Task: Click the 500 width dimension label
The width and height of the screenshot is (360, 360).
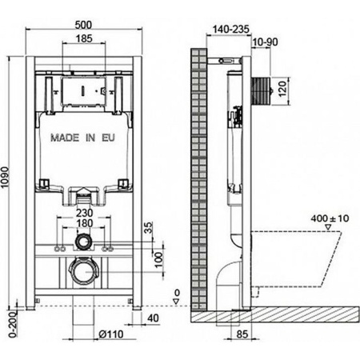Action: (83, 25)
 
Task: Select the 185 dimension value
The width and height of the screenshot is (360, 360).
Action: (84, 38)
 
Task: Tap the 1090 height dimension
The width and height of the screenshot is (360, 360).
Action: (5, 177)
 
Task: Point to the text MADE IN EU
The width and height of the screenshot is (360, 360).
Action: (83, 138)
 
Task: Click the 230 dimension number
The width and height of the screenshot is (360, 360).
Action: (85, 213)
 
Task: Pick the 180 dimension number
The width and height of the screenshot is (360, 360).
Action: (85, 223)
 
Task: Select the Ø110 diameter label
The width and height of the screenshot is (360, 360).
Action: (111, 334)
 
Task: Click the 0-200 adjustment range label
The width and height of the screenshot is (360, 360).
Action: (13, 324)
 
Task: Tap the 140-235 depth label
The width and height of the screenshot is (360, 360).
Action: (231, 29)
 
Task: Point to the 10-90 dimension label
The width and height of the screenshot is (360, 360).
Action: (265, 42)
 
